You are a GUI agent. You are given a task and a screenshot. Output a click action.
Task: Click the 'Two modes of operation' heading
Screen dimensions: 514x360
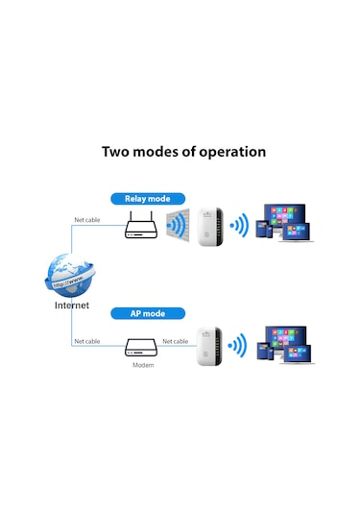(183, 152)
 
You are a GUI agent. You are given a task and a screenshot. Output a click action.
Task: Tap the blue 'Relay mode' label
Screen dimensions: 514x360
(147, 199)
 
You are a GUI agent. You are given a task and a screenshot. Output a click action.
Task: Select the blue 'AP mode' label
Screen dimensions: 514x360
(147, 313)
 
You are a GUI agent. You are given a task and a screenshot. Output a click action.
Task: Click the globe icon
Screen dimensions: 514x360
(71, 276)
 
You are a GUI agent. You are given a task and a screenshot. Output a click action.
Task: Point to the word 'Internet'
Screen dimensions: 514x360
(71, 306)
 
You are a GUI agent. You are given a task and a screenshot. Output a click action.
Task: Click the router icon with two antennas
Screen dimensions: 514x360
(141, 228)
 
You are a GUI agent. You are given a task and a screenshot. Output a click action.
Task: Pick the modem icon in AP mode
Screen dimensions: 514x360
(141, 345)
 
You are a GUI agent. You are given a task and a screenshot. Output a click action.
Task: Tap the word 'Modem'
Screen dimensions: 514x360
(141, 366)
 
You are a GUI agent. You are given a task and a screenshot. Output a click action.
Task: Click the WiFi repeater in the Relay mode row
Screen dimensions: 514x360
(211, 227)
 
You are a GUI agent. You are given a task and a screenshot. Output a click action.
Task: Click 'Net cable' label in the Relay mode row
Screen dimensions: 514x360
(87, 220)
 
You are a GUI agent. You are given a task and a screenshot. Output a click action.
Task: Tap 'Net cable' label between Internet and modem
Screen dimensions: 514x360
(87, 341)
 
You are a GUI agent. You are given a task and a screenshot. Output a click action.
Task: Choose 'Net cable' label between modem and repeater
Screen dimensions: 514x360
(176, 341)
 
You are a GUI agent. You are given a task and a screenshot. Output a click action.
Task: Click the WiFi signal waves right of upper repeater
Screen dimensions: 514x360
(238, 227)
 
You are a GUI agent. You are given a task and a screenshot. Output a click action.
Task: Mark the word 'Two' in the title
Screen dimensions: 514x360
(118, 152)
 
